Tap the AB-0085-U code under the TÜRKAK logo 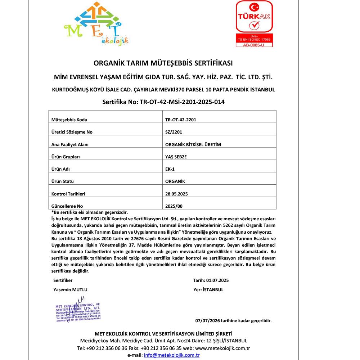(254, 45)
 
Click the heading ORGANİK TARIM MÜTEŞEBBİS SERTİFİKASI (163, 63)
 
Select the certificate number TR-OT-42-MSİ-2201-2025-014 (163, 102)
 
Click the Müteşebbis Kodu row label (69, 120)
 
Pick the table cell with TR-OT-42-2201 (181, 120)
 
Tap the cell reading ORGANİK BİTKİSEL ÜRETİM (193, 144)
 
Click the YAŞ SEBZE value (176, 157)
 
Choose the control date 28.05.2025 (176, 194)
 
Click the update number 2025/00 (174, 206)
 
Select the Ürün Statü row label (63, 181)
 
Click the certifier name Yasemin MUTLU (70, 289)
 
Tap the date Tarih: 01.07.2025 (211, 280)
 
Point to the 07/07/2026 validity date (207, 320)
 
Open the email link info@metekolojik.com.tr (172, 355)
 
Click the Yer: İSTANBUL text (208, 289)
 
